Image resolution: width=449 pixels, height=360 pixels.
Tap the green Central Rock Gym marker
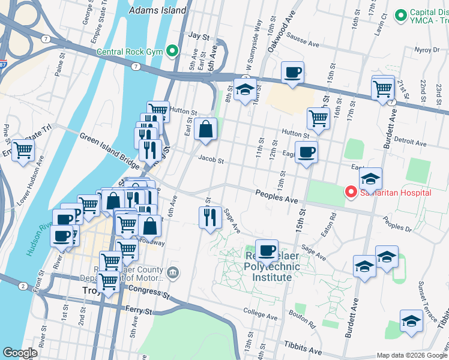pos(173,51)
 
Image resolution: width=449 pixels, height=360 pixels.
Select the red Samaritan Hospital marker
pos(351,192)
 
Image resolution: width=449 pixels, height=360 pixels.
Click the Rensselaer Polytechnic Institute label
pos(259,265)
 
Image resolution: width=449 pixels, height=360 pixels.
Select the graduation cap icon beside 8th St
pos(245,90)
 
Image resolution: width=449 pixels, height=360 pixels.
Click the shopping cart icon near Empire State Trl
pos(23,150)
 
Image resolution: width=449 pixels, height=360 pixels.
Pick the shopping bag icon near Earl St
pos(205,129)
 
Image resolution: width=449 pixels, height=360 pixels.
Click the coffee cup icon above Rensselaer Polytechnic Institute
pos(267,250)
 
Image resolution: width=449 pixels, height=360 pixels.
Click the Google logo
pos(20,353)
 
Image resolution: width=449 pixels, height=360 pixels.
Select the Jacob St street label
pos(211,161)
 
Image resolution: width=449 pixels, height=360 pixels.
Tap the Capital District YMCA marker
pos(400,14)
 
